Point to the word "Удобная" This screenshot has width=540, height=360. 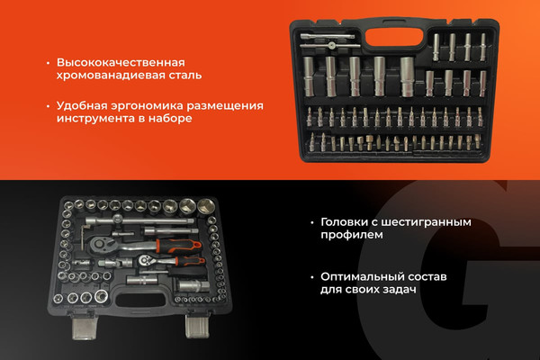tap(83, 105)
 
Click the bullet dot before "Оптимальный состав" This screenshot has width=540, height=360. tap(310, 276)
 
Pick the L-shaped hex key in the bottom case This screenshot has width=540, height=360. tap(83, 237)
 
